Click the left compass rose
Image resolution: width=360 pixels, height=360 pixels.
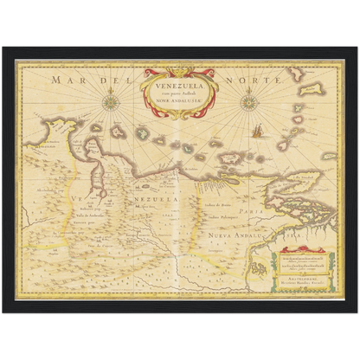(111, 102)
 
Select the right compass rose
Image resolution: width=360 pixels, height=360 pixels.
(249, 102)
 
